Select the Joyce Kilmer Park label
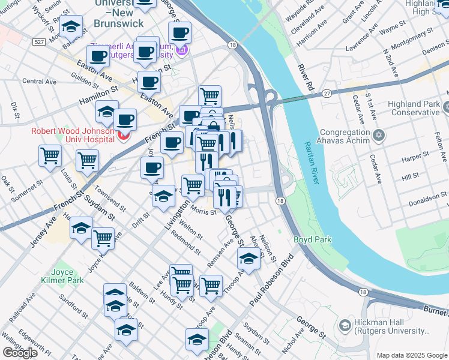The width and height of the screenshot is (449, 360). pyautogui.click(x=67, y=275)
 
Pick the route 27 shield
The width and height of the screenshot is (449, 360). pyautogui.click(x=327, y=93)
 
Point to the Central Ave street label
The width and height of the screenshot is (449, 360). pyautogui.click(x=39, y=81)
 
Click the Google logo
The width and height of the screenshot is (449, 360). pyautogui.click(x=20, y=353)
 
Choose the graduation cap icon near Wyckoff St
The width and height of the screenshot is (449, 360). pyautogui.click(x=71, y=28)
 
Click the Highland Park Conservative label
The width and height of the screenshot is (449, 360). pyautogui.click(x=415, y=108)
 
